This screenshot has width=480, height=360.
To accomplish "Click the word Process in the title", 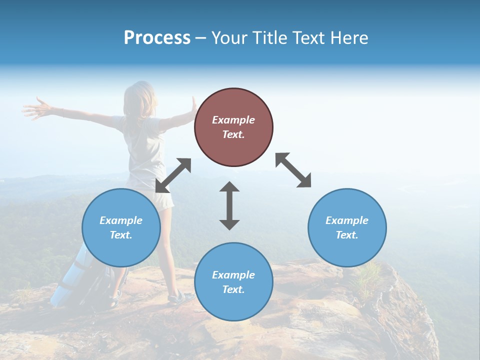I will coord(157,38).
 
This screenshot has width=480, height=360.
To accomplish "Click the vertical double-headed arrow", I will coord(229,205).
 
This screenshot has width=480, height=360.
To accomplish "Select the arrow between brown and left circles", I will coord(173,175).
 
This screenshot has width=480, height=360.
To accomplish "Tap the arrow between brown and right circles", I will coord(293,170).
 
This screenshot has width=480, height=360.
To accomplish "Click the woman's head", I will coord(141,97).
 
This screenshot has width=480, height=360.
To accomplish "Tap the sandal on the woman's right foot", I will coord(180,298).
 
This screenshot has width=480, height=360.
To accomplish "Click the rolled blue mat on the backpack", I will coord(70,277).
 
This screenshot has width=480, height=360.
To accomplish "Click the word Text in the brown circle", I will coord(233,134).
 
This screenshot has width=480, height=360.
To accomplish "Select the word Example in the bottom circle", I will coord(233,274).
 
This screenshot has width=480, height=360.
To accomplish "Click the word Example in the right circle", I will coord(347,220).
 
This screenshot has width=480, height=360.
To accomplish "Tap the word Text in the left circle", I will coord(121,235).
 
